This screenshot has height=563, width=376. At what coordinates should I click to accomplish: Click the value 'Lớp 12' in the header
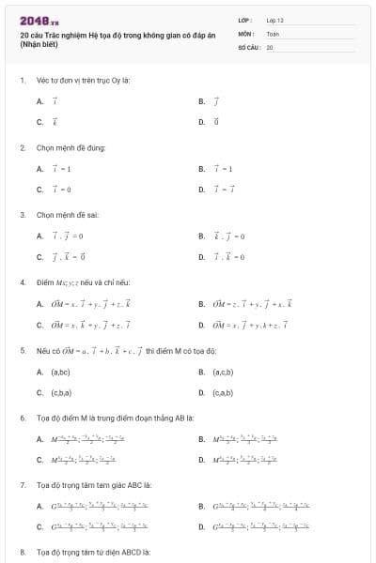point(274,20)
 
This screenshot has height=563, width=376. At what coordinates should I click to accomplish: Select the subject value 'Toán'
point(272,33)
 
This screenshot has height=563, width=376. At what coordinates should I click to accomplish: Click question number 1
point(22,80)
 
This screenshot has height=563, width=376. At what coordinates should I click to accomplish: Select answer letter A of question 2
point(39,169)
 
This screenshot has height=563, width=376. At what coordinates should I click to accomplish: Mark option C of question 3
point(39,256)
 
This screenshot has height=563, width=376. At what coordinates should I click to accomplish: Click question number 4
point(22,282)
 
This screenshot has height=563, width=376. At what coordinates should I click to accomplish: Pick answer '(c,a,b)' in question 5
point(223,393)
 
